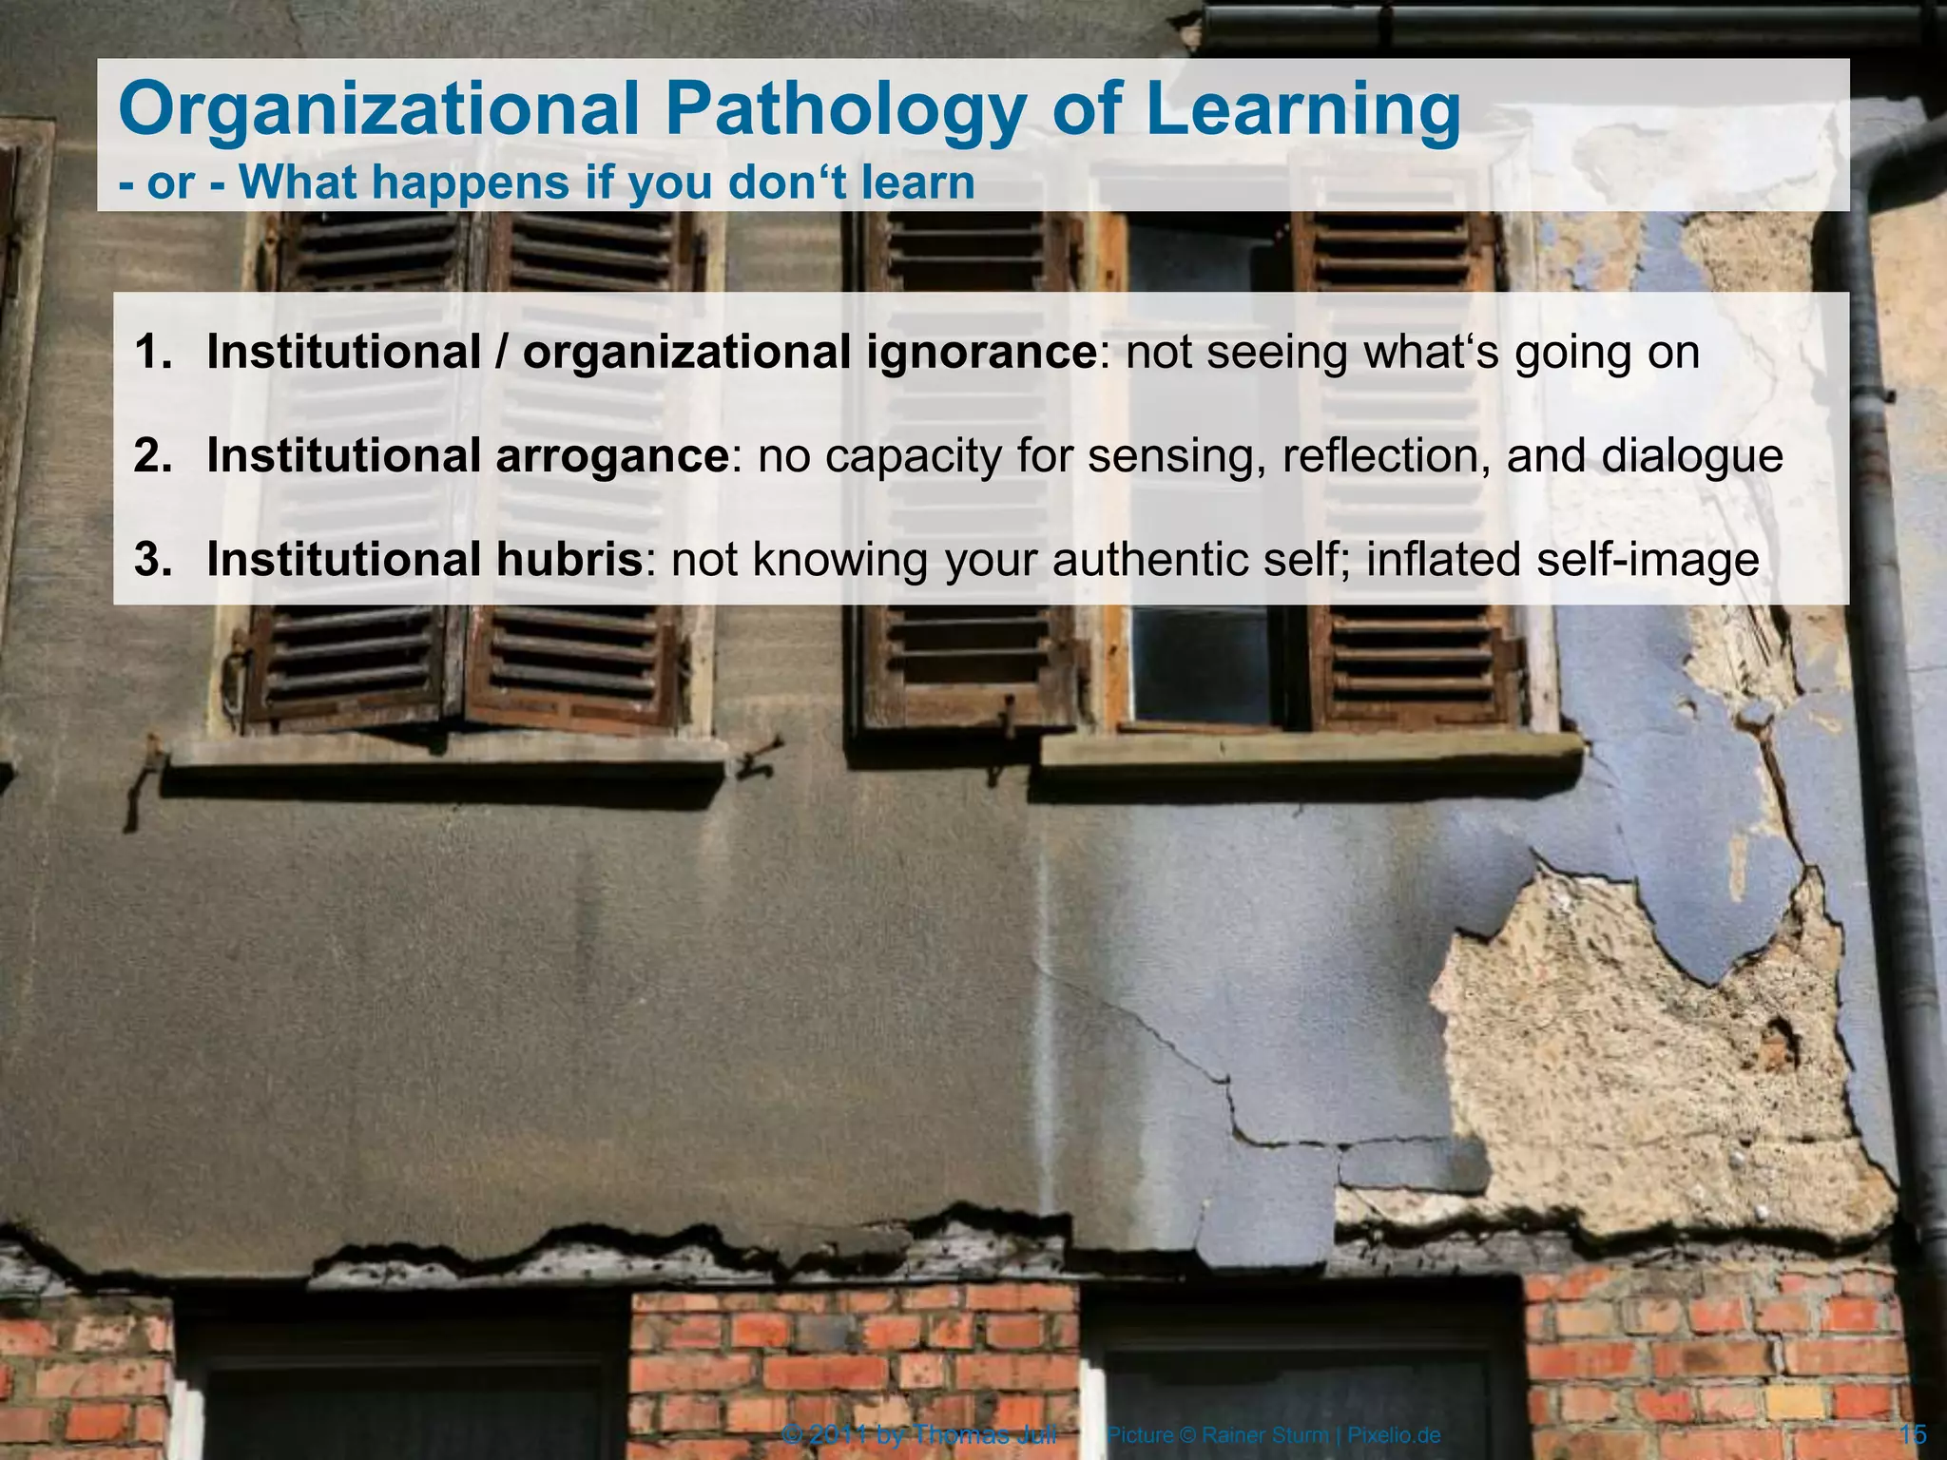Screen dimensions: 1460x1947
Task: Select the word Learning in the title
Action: pos(1302,110)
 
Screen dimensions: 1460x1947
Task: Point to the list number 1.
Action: pos(153,352)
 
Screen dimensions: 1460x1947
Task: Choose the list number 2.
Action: pos(153,455)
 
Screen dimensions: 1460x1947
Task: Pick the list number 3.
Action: pos(153,559)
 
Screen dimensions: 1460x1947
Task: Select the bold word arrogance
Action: pos(612,457)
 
